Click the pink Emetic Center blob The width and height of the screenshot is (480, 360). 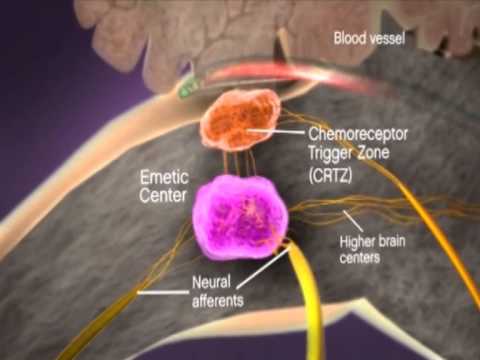click(240, 217)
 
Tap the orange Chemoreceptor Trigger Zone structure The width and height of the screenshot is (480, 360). click(241, 120)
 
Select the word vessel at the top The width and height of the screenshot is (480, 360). click(387, 39)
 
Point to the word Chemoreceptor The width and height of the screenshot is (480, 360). click(358, 134)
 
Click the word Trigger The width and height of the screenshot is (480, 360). click(330, 153)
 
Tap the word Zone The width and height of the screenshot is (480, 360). click(373, 153)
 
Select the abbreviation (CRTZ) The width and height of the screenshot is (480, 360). click(330, 175)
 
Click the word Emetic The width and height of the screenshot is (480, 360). click(164, 177)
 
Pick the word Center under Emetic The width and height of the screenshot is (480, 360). click(163, 195)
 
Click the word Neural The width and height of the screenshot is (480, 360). click(211, 282)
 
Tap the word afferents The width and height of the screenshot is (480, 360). click(218, 301)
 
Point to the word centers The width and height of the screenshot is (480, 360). click(360, 258)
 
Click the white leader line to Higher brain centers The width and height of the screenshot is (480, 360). click(353, 221)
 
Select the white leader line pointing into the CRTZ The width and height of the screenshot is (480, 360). click(277, 132)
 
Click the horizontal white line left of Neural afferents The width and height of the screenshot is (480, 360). click(163, 293)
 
